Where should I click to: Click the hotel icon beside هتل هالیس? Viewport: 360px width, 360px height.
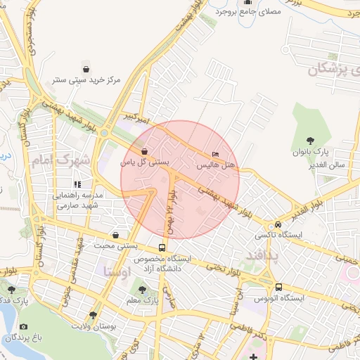215,154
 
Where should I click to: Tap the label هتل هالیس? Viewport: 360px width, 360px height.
214,165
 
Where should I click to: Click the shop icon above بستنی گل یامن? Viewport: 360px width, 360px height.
144,151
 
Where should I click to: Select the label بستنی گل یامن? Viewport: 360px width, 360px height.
145,162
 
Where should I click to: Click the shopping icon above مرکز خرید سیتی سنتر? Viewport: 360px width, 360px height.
86,69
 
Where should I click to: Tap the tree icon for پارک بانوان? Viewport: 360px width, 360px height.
311,141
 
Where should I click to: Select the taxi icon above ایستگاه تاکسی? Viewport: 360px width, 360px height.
278,224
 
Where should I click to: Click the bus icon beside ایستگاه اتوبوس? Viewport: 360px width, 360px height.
279,287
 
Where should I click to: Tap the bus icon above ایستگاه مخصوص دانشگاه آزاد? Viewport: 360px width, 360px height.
162,247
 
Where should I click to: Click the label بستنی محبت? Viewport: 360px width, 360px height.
115,246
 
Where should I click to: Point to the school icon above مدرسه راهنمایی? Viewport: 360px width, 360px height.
77,184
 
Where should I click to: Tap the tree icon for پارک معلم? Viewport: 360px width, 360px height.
143,290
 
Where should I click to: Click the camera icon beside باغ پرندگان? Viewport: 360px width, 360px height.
24,326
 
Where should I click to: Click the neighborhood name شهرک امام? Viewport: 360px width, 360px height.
61,161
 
